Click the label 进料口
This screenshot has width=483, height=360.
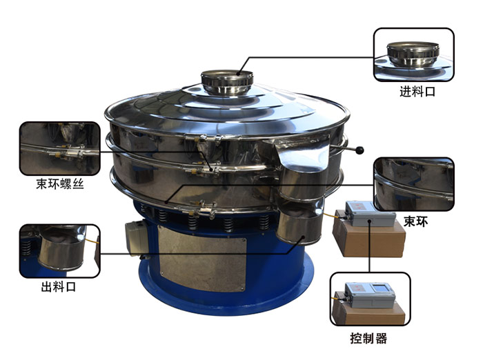(417, 92)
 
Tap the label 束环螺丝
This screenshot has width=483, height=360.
(60, 184)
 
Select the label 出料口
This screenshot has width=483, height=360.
(59, 287)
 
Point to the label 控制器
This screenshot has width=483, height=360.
(368, 338)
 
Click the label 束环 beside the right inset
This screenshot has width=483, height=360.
(415, 221)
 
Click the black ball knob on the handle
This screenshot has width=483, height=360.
(359, 150)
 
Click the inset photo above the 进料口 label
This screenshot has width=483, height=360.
(414, 54)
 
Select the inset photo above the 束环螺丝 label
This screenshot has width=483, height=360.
(60, 148)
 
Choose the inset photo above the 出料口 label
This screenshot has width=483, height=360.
(60, 251)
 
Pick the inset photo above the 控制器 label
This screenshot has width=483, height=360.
(370, 299)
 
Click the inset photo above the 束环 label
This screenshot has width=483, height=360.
(414, 184)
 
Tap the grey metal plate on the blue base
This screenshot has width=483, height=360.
(202, 258)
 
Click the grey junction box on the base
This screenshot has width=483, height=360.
(137, 237)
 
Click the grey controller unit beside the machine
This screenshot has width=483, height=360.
(370, 214)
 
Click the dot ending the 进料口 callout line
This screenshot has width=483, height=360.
(239, 73)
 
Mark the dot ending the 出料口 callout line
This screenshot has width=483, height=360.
(303, 237)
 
